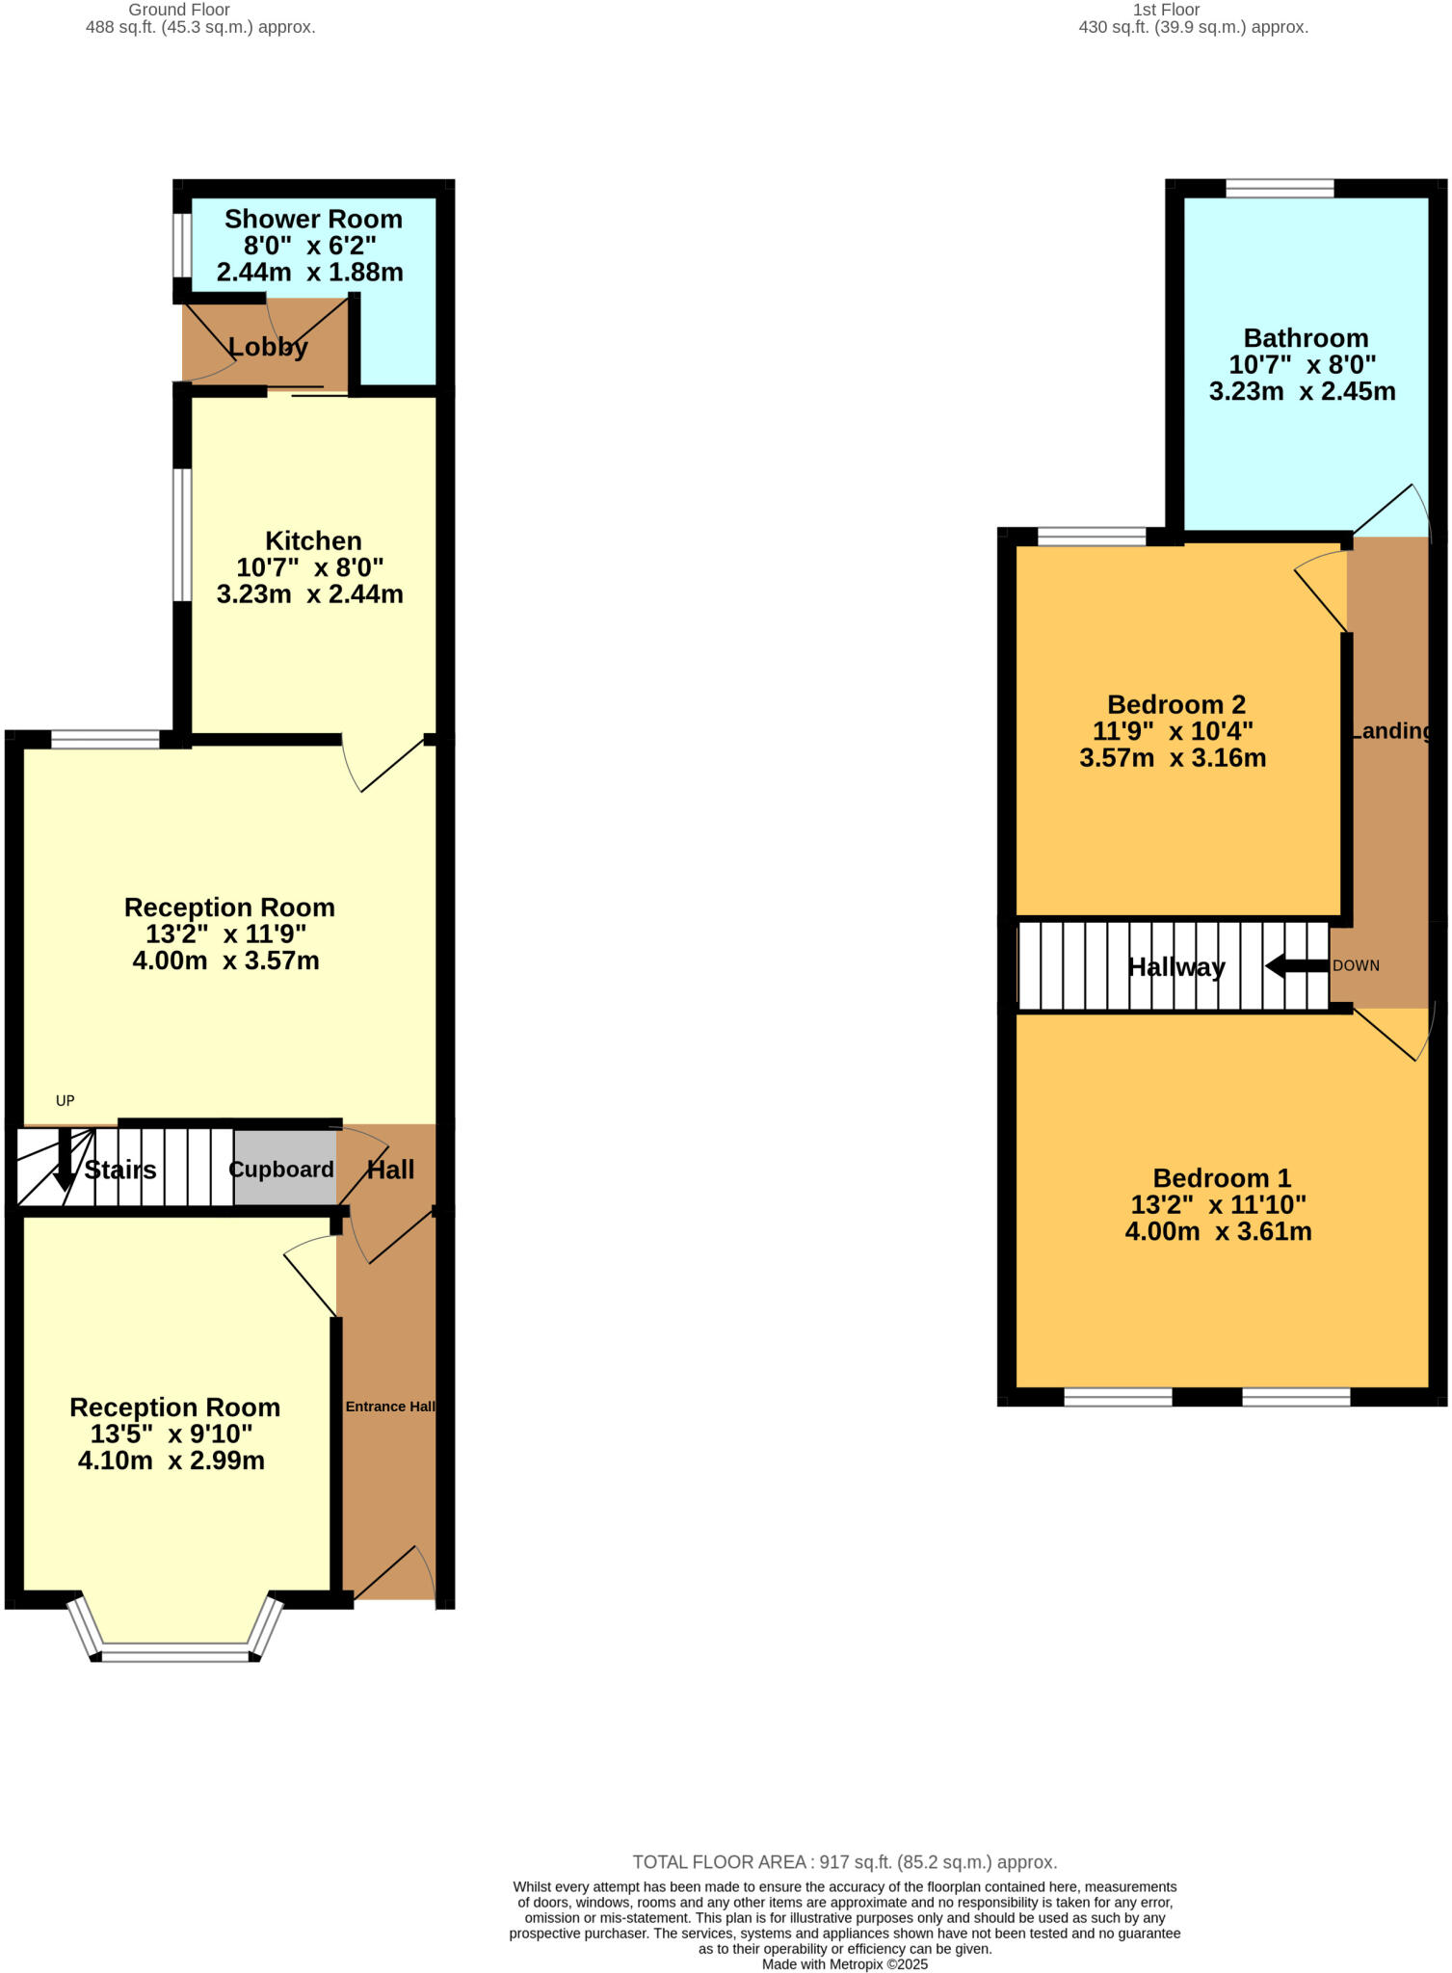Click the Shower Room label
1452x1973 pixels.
pyautogui.click(x=313, y=220)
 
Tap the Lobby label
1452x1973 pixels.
pyautogui.click(x=268, y=347)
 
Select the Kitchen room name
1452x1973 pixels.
pyautogui.click(x=313, y=540)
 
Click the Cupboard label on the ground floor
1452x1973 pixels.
pyautogui.click(x=281, y=1170)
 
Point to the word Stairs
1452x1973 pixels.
pyautogui.click(x=120, y=1171)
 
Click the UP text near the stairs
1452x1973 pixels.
pyautogui.click(x=65, y=1101)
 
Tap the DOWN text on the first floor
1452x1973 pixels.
pyautogui.click(x=1356, y=965)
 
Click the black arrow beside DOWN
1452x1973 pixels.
pyautogui.click(x=1296, y=965)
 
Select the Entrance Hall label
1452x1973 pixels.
pyautogui.click(x=390, y=1407)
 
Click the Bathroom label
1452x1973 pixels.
pyautogui.click(x=1306, y=338)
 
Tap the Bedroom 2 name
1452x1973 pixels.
pyautogui.click(x=1176, y=704)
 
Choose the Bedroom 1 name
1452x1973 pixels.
pyautogui.click(x=1222, y=1178)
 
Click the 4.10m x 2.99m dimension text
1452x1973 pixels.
pyautogui.click(x=172, y=1460)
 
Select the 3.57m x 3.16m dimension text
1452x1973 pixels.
pyautogui.click(x=1173, y=758)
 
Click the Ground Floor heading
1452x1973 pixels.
pyautogui.click(x=179, y=10)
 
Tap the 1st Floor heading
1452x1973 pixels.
pyautogui.click(x=1166, y=10)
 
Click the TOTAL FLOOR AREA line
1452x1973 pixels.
pyautogui.click(x=844, y=1862)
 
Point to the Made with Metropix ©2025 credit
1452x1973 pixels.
pyautogui.click(x=844, y=1964)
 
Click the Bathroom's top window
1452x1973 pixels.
pyautogui.click(x=1280, y=188)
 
